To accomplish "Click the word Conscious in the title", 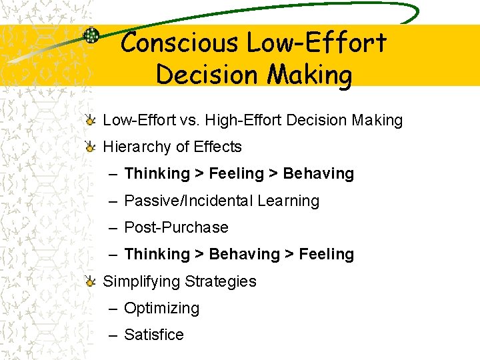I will coord(179,43).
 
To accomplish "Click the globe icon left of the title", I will coord(91,35).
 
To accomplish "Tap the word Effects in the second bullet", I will coord(217,147).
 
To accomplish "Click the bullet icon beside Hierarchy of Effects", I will coord(90,147).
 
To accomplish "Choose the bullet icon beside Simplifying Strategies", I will coord(90,281).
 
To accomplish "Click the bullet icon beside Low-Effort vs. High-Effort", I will coord(90,120).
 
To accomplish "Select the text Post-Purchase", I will coord(176,227).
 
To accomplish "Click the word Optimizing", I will coord(162,308).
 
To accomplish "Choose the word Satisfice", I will coord(154,335).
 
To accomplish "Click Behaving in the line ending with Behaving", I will coord(319,174).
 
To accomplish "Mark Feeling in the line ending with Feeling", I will coord(327,254).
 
